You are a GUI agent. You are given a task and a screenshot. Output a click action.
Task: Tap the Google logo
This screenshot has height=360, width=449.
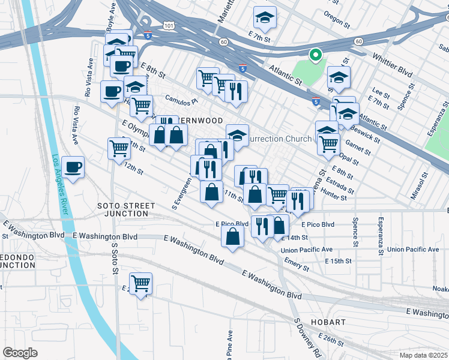pos(20,353)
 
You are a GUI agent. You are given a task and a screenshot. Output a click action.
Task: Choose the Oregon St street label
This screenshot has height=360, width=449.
pos(336,23)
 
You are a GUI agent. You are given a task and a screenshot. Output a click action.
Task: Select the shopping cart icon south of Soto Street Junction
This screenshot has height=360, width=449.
pos(141,283)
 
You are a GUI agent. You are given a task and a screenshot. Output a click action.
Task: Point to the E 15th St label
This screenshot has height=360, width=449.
pos(338,262)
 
